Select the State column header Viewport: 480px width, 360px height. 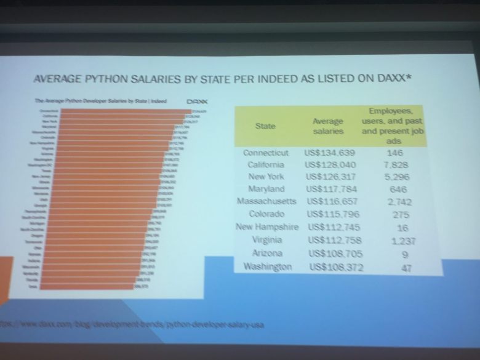(265, 126)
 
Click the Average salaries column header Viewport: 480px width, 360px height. (328, 127)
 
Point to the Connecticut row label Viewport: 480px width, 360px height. (266, 153)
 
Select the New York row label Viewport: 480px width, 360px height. (265, 177)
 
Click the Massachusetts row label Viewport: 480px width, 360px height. (266, 202)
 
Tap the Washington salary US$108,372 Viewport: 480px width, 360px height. (334, 267)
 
